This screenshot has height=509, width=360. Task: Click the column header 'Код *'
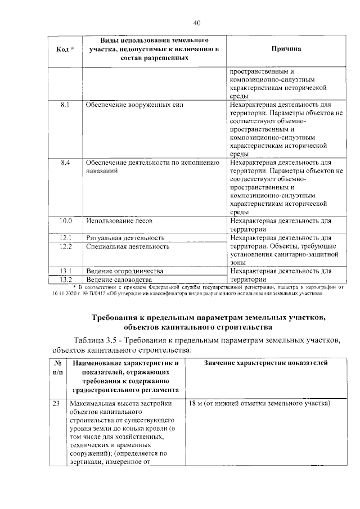[65, 49]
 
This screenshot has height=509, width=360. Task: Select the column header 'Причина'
[286, 49]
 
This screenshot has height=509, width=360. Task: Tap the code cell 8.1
[65, 105]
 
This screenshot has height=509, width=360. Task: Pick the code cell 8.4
[65, 162]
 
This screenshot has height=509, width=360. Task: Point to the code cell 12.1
[65, 238]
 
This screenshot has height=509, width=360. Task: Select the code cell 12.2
[65, 246]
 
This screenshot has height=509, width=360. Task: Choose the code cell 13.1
[65, 271]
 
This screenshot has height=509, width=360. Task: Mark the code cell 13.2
[65, 280]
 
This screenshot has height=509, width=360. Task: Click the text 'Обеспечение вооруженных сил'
[134, 105]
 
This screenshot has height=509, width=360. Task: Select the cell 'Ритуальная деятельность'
[125, 238]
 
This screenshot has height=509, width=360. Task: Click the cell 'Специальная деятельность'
[128, 246]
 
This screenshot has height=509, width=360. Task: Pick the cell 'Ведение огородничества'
[124, 271]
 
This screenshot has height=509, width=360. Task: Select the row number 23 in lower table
[56, 404]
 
